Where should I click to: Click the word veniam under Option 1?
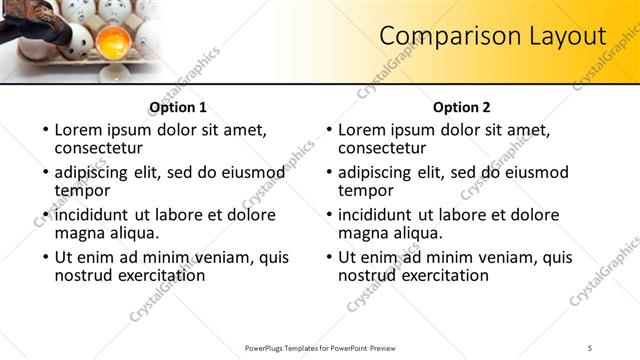[x=218, y=256]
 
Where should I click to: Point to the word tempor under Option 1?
[x=82, y=190]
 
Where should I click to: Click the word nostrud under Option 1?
[x=85, y=275]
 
